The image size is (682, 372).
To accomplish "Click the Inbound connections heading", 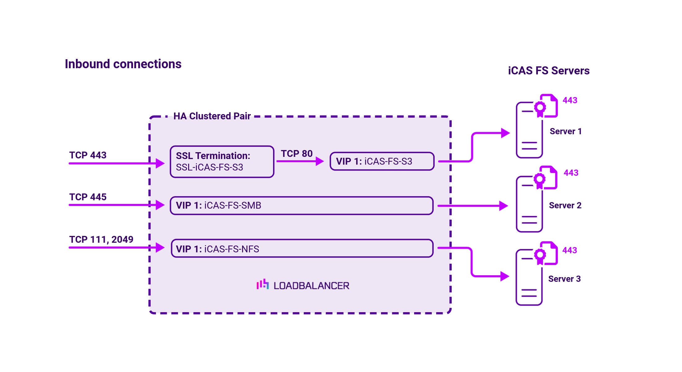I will pos(123,64).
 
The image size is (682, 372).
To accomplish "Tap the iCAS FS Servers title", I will pos(548,71).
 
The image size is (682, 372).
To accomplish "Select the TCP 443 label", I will pos(88,155).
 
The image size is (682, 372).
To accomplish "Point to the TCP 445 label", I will pos(88,197).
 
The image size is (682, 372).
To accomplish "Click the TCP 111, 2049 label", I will pos(101,239).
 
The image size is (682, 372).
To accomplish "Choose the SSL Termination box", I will pos(222,162).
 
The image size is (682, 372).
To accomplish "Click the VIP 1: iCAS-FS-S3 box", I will pos(382,161).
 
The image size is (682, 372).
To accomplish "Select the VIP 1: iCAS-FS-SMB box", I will pos(301,205).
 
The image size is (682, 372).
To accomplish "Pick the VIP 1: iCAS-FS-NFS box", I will pos(302,248).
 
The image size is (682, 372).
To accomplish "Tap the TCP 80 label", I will pos(296,153).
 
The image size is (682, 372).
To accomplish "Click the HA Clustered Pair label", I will pos(212,116).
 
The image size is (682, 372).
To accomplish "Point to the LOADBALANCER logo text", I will pos(311,286).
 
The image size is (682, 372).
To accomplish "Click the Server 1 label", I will pos(565,131).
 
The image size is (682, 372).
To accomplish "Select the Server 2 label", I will pos(565,205).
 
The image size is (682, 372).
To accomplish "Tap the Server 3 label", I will pos(564,279).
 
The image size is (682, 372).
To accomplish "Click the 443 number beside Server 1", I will pos(570,100).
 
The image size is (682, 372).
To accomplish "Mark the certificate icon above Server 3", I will pos(546,253).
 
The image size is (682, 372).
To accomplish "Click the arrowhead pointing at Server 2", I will pos(503,206).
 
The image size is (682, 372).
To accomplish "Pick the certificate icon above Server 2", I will pos(546,178).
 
